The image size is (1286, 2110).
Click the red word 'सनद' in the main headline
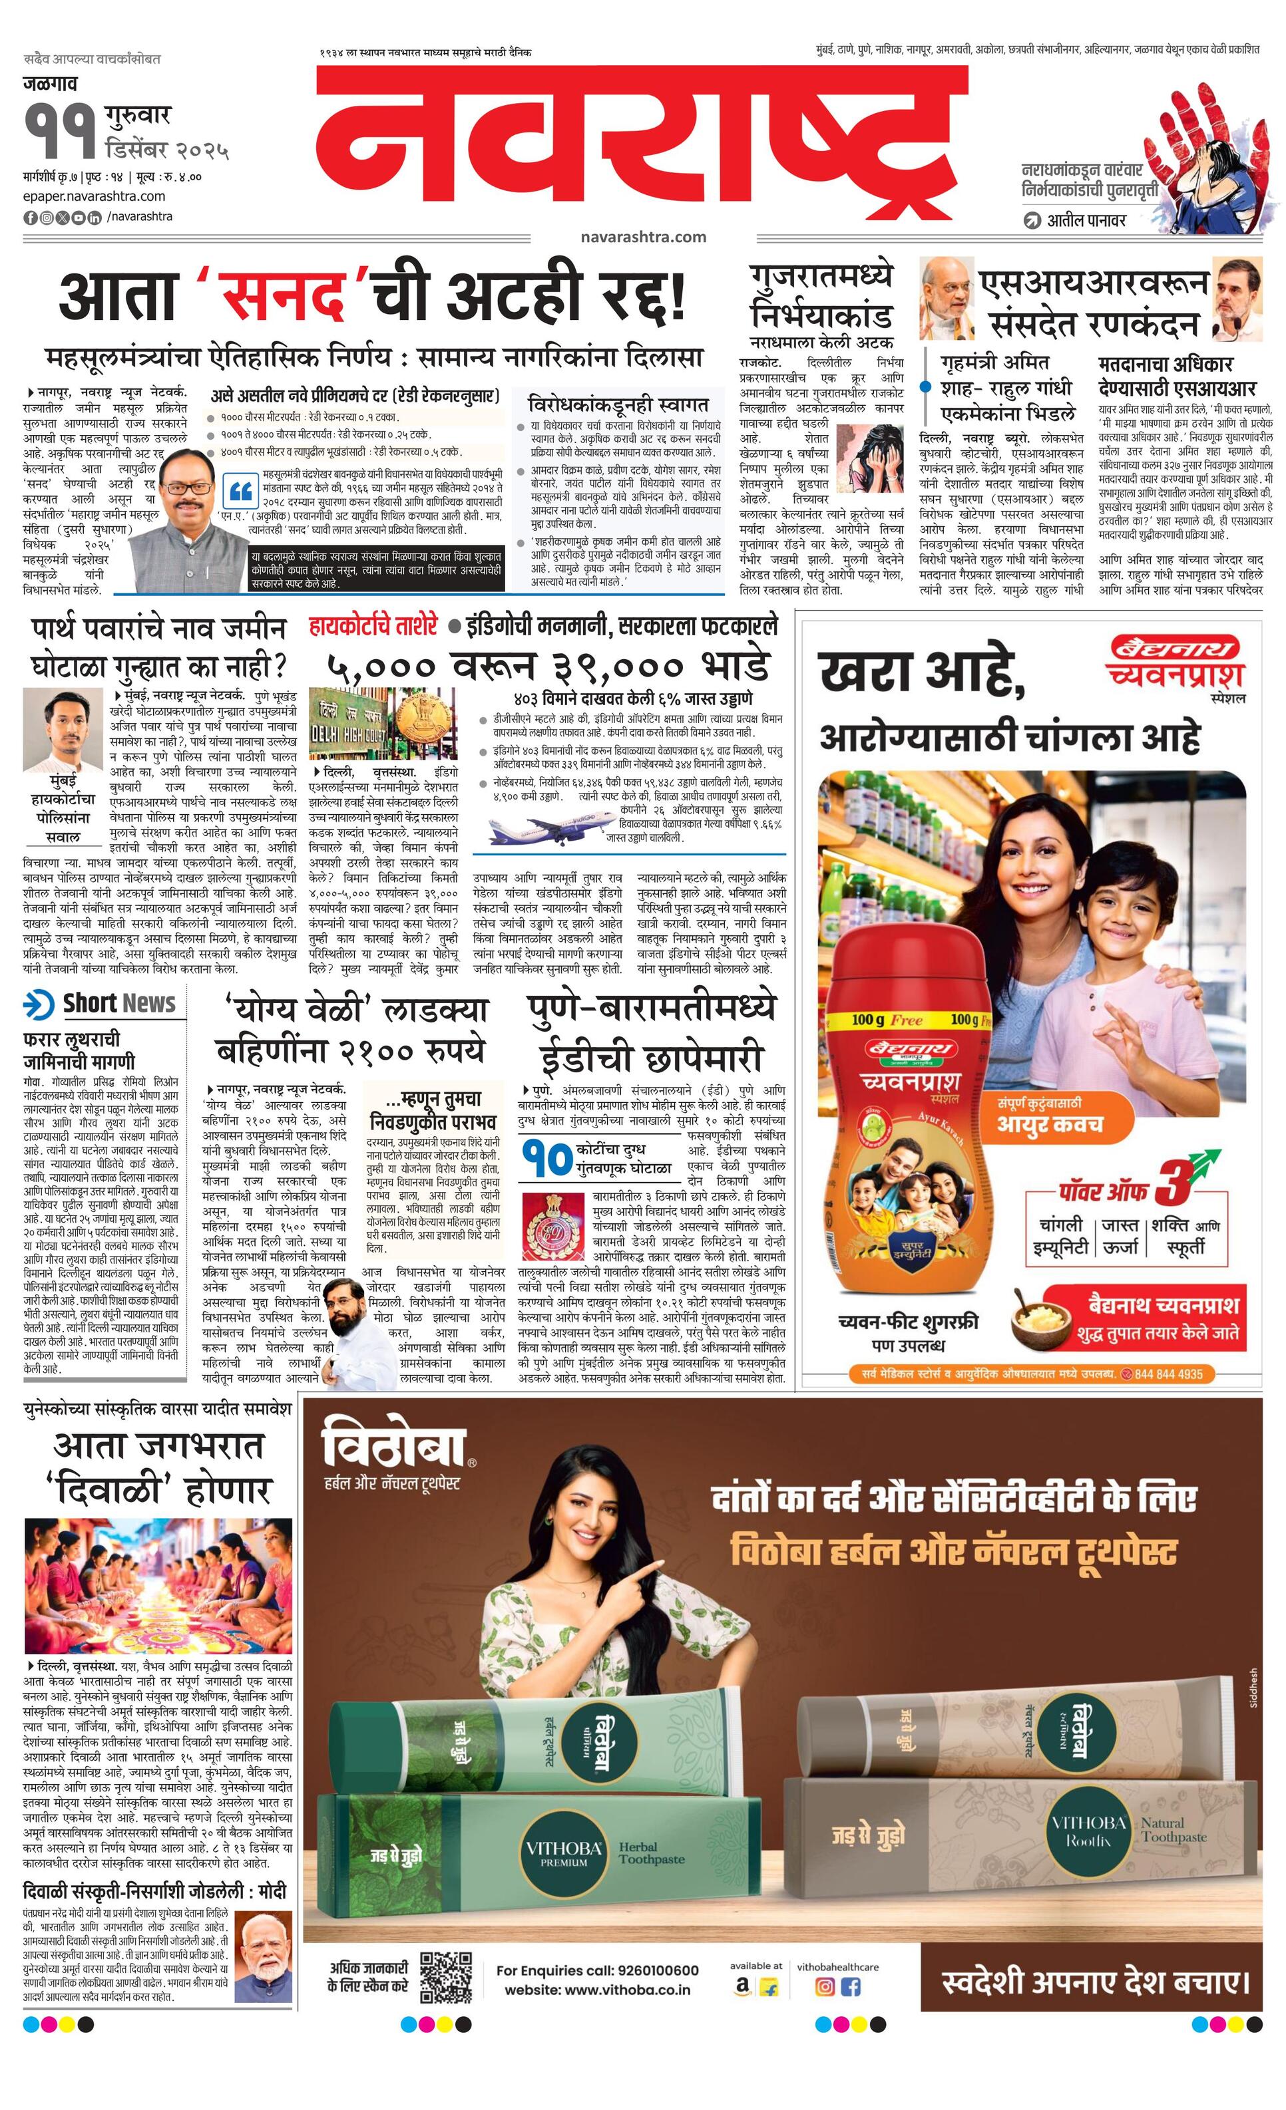coord(284,296)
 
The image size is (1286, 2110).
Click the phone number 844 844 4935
coord(1169,1374)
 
